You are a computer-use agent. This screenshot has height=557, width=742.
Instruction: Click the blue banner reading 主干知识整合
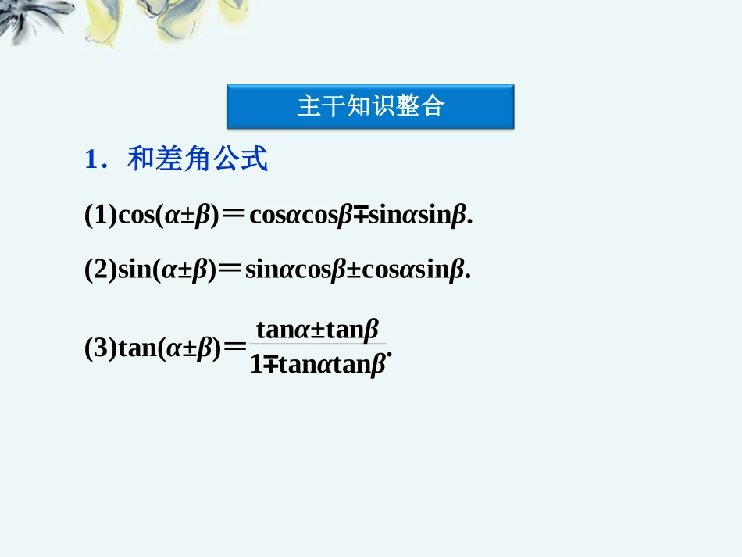coord(370,106)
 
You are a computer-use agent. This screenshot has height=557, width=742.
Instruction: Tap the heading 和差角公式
coord(198,159)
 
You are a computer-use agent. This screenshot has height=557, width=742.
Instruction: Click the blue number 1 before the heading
coord(91,160)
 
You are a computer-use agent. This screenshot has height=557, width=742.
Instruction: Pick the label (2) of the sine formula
coord(100,270)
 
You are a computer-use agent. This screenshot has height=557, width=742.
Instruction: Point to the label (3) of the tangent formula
coord(100,348)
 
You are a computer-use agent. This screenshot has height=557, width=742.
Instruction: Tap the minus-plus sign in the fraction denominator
coord(270,364)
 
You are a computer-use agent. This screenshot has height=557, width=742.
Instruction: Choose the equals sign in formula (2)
coord(230,270)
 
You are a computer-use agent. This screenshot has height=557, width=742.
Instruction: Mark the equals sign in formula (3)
coord(234,348)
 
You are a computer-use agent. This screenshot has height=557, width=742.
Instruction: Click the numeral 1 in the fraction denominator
coord(256,364)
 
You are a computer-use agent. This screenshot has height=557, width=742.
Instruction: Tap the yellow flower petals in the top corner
coord(117,20)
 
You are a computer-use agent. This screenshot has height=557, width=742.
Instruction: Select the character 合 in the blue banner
coord(431,106)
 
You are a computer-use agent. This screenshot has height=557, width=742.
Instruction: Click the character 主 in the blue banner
coord(309,106)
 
